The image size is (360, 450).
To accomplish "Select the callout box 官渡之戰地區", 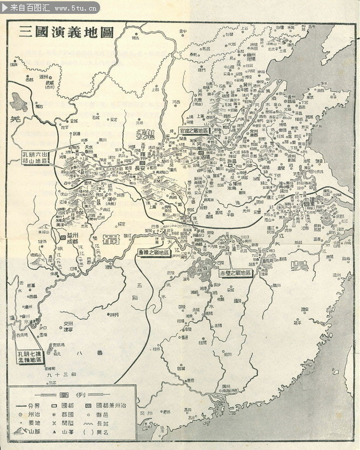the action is (193, 131).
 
